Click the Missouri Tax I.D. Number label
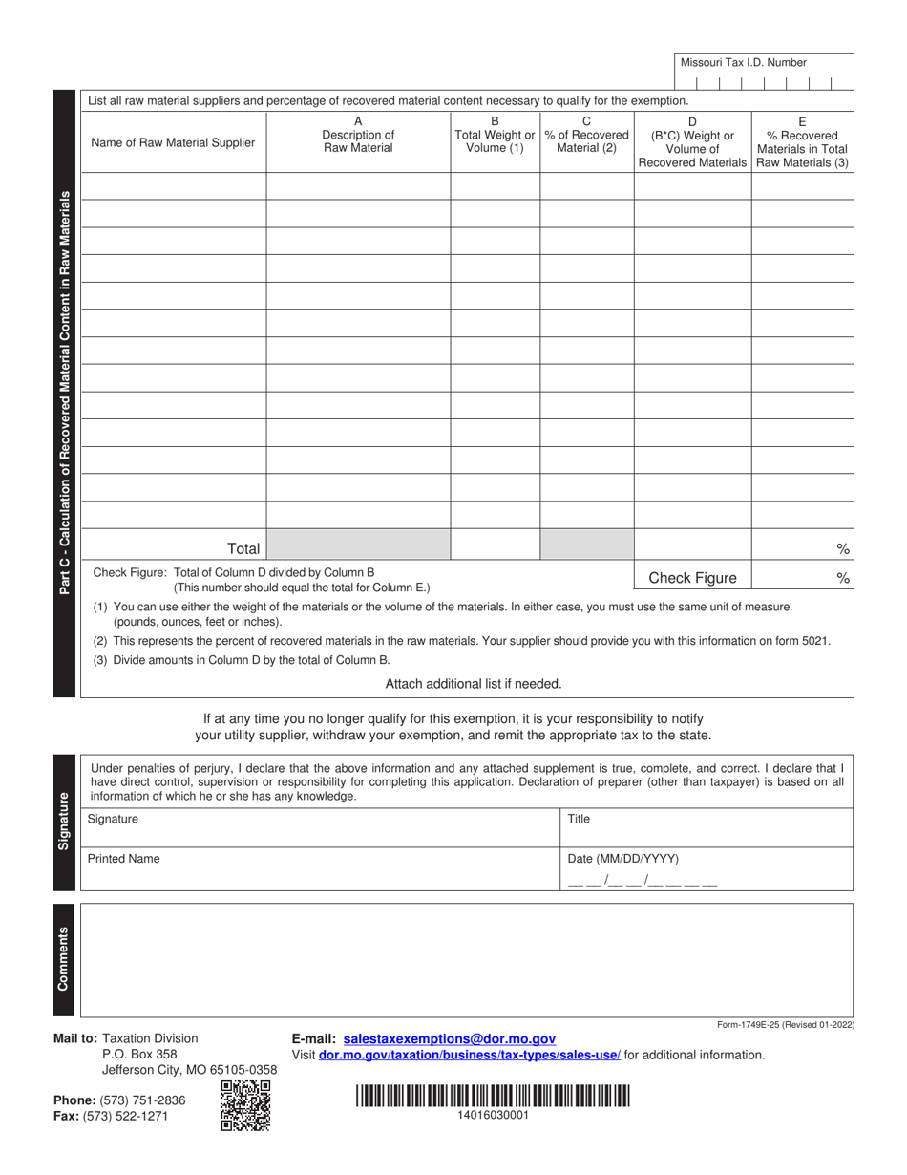point(743,62)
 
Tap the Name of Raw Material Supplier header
point(173,143)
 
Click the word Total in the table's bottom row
point(243,548)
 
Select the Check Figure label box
point(692,577)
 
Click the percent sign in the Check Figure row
point(843,577)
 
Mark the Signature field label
point(113,819)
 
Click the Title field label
point(580,819)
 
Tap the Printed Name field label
point(124,859)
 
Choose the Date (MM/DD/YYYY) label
point(623,859)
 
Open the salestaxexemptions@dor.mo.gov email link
point(449,1038)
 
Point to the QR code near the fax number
point(245,1105)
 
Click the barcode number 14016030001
point(493,1115)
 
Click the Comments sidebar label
point(64,958)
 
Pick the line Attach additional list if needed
point(474,683)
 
